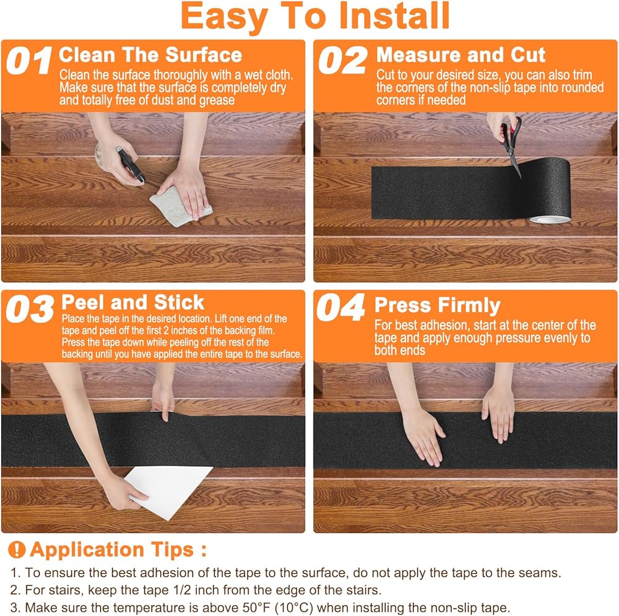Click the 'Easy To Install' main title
click(315, 16)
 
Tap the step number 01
click(29, 61)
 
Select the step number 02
click(342, 60)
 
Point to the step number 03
click(30, 308)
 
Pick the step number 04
click(340, 307)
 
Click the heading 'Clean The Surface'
click(150, 54)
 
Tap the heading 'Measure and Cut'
click(461, 54)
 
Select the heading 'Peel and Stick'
click(132, 303)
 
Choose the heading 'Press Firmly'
click(438, 306)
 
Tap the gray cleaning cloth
click(180, 206)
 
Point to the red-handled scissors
click(511, 146)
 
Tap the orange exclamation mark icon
click(17, 549)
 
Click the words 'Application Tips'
click(111, 549)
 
